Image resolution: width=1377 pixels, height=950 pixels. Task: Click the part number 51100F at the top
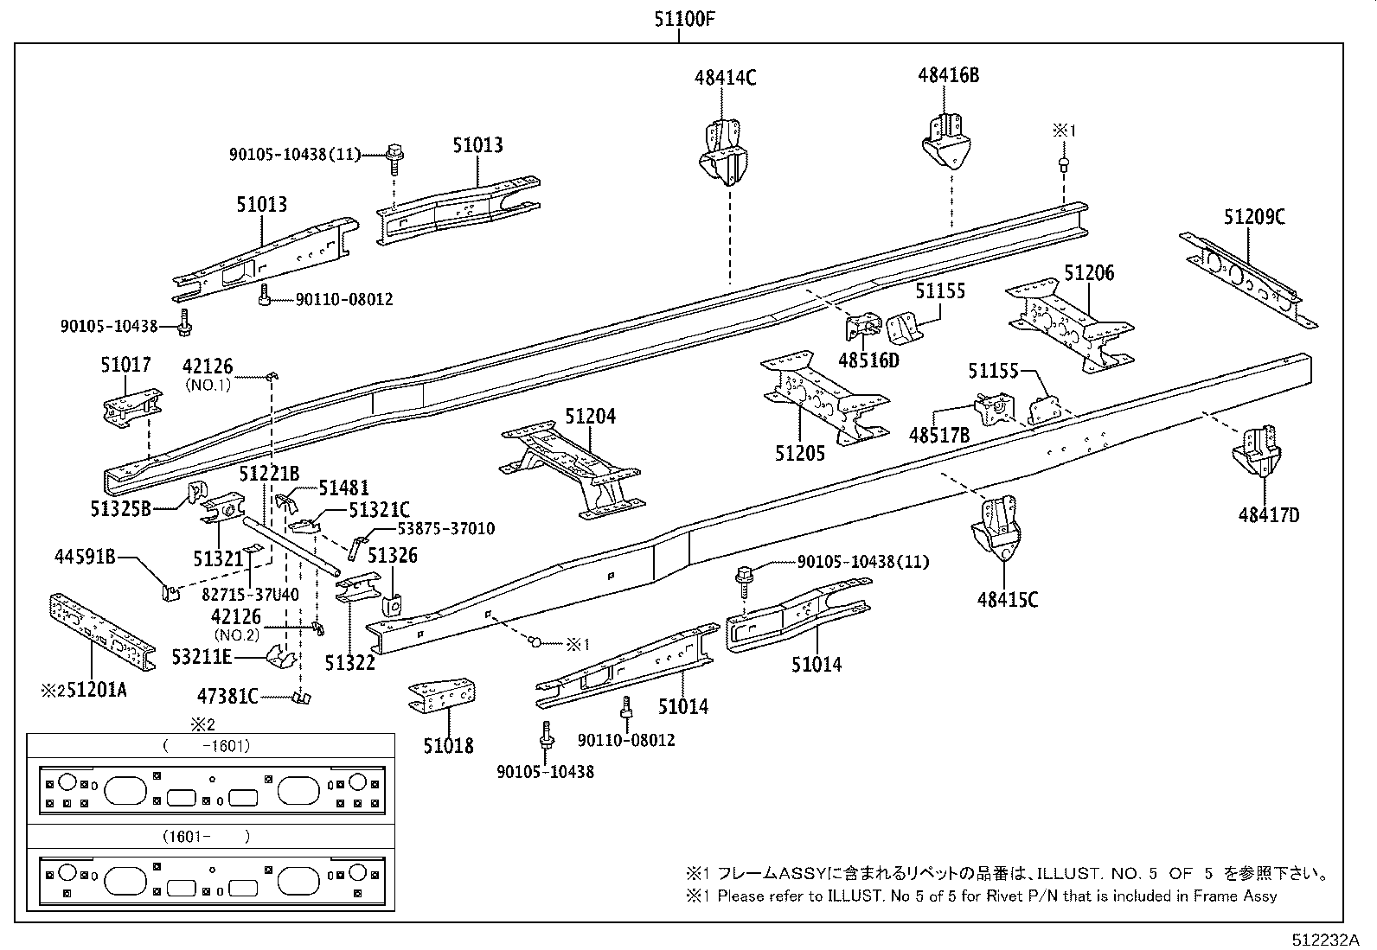coord(684,18)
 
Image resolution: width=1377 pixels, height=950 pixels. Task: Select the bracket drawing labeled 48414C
coord(723,154)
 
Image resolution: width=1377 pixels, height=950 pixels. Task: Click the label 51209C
coord(1253,217)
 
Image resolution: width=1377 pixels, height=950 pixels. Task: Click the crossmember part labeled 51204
coord(571,471)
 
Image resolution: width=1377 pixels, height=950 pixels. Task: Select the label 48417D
coord(1268,515)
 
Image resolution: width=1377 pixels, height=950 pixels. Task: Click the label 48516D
coord(868,360)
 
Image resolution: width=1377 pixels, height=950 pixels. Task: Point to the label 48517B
coord(938,436)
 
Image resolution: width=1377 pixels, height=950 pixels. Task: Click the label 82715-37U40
coord(250,594)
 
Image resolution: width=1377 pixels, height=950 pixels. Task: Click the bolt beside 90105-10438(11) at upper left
coord(394,156)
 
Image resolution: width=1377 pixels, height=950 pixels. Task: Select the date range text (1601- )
coord(206,837)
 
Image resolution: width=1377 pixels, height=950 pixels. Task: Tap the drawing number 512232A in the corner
coord(1326,940)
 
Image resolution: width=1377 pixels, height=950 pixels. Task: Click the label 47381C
coord(227,695)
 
